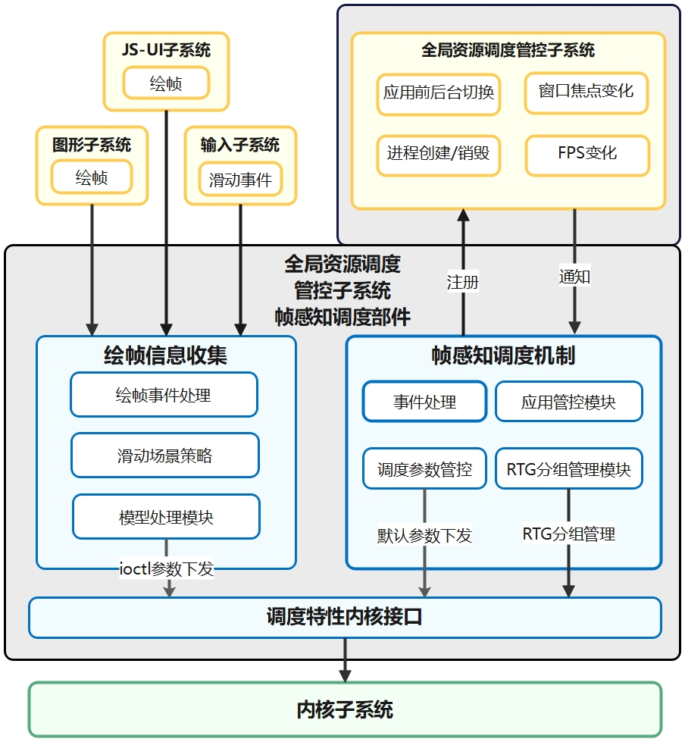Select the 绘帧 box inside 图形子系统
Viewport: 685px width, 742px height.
(92, 178)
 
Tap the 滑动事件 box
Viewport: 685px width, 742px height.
(240, 180)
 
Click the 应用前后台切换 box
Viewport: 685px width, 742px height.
(439, 93)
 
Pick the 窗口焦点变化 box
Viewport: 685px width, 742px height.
(586, 92)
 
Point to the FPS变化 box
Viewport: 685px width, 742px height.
(587, 154)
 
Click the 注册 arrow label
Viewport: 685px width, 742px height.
(463, 282)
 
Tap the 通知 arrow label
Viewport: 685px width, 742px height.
(574, 276)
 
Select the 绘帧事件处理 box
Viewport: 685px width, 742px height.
(164, 395)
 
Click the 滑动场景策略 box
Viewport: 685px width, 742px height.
(165, 456)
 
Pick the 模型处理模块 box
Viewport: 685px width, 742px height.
(166, 517)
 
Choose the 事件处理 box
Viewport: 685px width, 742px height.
(424, 402)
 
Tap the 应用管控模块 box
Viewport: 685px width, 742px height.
(568, 402)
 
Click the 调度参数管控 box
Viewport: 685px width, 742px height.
(424, 469)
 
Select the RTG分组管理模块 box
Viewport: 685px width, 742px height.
(568, 469)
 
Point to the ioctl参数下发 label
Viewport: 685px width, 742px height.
(167, 568)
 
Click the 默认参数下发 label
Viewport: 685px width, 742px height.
(424, 535)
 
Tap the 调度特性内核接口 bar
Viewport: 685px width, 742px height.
(345, 617)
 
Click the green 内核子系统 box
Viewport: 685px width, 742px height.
(345, 710)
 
